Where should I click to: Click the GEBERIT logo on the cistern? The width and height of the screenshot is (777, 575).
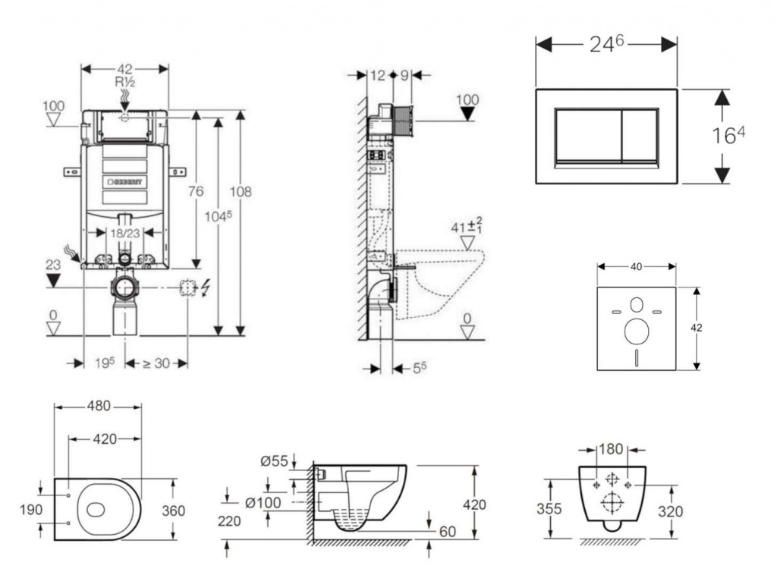[126, 182]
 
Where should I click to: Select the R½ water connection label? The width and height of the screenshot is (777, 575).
[124, 81]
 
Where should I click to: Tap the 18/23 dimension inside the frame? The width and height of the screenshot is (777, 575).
[124, 234]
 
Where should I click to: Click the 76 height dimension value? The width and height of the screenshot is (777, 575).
[196, 192]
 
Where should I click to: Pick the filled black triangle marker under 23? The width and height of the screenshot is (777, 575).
[53, 281]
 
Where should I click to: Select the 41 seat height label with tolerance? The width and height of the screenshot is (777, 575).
[468, 225]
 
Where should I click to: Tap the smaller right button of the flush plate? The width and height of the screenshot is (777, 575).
[640, 136]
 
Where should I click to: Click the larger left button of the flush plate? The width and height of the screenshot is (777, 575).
[589, 136]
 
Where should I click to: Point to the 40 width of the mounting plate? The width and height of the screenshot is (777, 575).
[636, 266]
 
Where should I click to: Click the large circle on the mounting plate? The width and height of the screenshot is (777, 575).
[636, 331]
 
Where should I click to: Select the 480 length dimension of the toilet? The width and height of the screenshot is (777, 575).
[97, 407]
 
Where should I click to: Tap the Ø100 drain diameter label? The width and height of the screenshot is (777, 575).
[264, 501]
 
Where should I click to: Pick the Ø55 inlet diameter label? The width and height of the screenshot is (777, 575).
[274, 460]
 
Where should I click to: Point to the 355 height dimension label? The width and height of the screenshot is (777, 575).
[549, 508]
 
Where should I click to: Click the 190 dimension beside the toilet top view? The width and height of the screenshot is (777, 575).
[31, 510]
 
